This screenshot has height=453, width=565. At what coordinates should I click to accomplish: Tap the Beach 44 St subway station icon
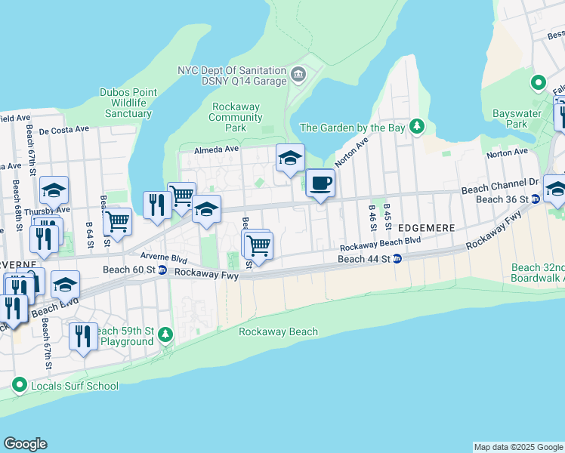tap(397, 259)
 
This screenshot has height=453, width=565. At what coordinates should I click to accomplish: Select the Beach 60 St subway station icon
tap(162, 270)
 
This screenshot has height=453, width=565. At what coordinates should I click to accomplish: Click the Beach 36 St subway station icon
tap(535, 199)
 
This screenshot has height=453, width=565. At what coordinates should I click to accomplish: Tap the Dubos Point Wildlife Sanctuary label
tap(128, 103)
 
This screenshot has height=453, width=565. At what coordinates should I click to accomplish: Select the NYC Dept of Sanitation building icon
tap(298, 75)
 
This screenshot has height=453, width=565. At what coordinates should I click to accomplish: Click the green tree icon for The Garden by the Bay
tap(415, 127)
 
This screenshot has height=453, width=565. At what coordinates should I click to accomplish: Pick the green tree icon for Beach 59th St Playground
tap(166, 335)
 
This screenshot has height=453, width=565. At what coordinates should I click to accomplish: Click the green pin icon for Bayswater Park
tap(539, 83)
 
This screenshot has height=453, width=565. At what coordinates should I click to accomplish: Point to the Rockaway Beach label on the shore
tap(278, 331)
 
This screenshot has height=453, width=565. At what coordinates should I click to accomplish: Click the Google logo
tap(25, 444)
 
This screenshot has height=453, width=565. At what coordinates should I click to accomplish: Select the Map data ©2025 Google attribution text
tap(517, 447)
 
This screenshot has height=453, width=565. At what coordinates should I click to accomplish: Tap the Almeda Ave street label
tap(218, 149)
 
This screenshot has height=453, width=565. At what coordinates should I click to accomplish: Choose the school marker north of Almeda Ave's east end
tap(290, 159)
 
